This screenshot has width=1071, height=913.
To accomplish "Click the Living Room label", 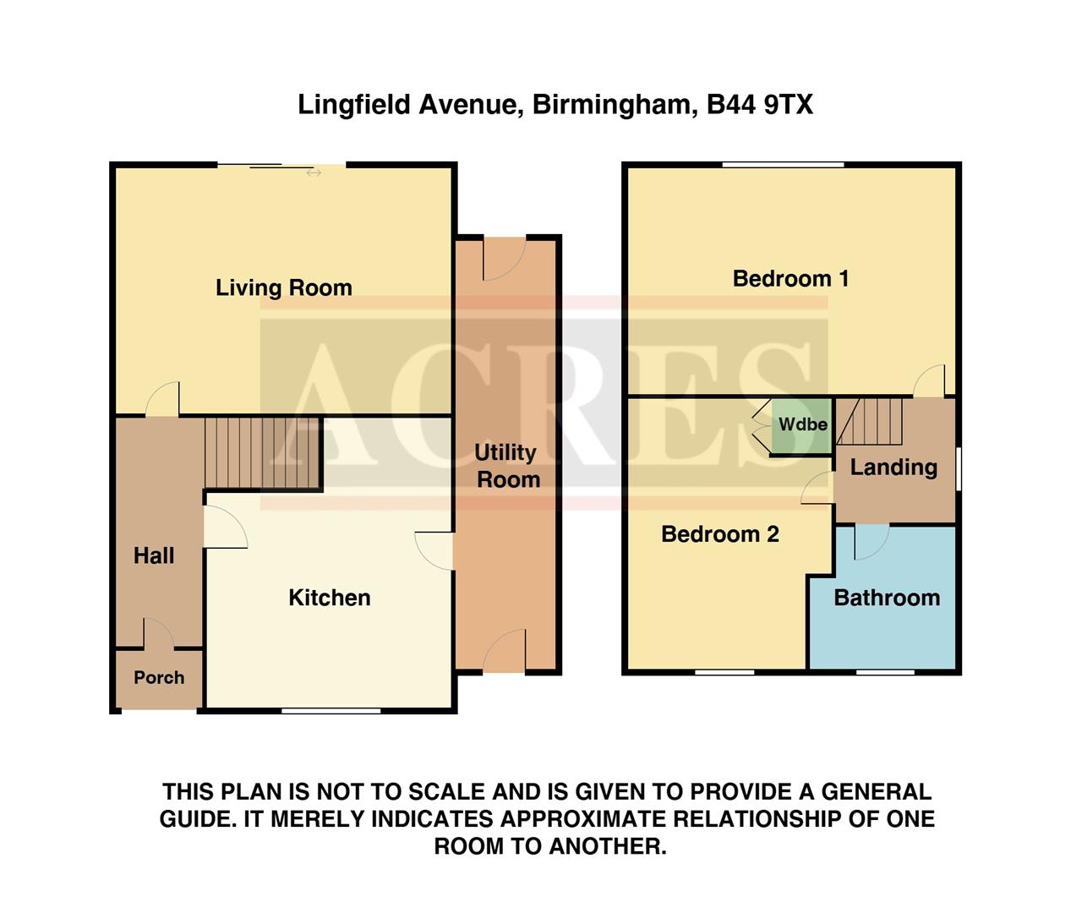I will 283,287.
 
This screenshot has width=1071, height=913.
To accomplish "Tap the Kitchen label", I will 329,598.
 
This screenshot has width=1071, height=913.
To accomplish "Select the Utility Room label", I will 507,466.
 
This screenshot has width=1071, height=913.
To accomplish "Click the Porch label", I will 159,677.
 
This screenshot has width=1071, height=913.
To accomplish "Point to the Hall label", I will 154,555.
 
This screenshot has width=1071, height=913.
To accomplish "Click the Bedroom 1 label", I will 790,278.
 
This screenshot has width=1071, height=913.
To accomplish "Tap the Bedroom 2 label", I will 719,533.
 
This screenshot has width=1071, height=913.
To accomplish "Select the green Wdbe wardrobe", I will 802,424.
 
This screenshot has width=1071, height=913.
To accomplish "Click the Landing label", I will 893,467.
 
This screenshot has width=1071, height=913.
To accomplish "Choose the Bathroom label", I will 886,598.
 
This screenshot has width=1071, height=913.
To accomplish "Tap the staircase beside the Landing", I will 871,421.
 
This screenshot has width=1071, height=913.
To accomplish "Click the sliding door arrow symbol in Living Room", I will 314,172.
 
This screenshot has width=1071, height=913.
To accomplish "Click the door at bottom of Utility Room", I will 505,651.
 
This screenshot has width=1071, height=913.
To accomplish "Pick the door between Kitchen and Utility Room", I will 436,550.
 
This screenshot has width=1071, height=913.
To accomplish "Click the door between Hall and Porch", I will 158,634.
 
